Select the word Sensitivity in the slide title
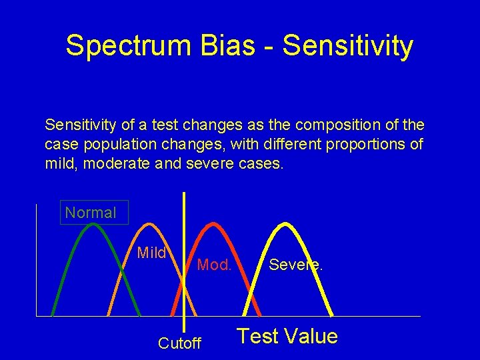pyautogui.click(x=347, y=46)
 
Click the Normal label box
pyautogui.click(x=91, y=213)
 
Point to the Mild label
pyautogui.click(x=151, y=253)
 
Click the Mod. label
pyautogui.click(x=214, y=265)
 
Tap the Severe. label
pyautogui.click(x=295, y=265)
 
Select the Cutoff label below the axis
pyautogui.click(x=179, y=343)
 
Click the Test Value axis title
pyautogui.click(x=287, y=336)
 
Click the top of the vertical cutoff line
pyautogui.click(x=184, y=194)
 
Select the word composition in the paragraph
pyautogui.click(x=331, y=125)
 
